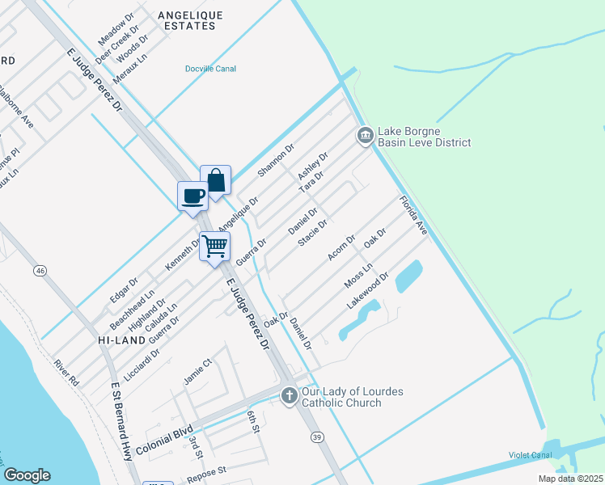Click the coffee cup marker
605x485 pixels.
click(x=192, y=196)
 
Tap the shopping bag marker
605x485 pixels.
click(x=216, y=181)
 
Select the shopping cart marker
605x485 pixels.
click(x=215, y=246)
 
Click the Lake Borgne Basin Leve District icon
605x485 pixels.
click(x=364, y=136)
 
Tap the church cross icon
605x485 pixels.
click(x=290, y=396)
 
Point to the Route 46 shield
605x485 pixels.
click(x=39, y=270)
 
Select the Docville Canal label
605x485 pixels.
click(x=209, y=69)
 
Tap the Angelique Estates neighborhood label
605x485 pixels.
click(x=187, y=20)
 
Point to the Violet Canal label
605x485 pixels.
click(x=530, y=455)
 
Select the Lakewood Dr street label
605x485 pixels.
click(x=368, y=291)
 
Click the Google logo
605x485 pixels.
click(x=27, y=475)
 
